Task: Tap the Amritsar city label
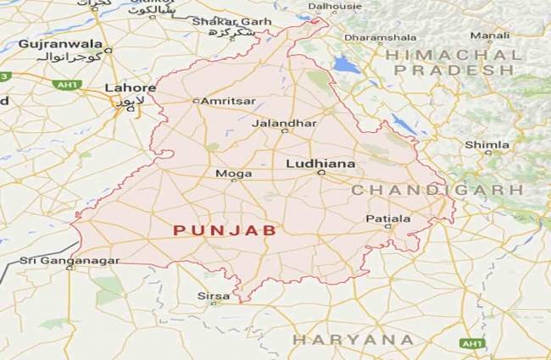227,101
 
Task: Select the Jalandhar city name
284,123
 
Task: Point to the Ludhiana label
320,163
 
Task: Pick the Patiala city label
387,219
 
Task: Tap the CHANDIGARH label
437,190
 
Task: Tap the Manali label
490,36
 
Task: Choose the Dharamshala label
379,38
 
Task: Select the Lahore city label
130,88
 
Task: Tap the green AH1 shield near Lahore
64,85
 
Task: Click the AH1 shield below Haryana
471,344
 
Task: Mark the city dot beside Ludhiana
320,173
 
